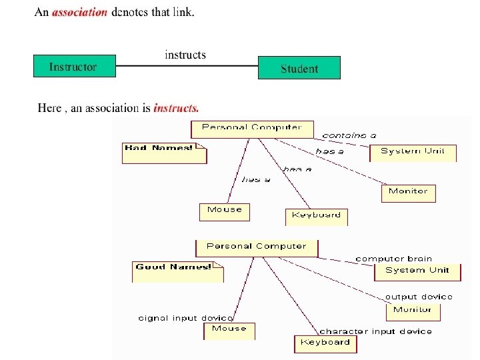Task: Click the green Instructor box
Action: pos(74,67)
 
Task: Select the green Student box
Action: pos(299,68)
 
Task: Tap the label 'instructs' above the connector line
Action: pos(185,55)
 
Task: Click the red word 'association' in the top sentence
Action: pos(79,12)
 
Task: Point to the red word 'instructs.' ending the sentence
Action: pos(176,107)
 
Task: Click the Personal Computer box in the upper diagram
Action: pos(251,128)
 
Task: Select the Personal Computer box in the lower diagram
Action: pos(257,247)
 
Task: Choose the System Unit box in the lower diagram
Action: pos(417,271)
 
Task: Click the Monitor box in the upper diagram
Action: pos(408,193)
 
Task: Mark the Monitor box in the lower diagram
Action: pos(413,311)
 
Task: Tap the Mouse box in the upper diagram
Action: pos(225,211)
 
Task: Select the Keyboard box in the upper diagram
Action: pos(317,216)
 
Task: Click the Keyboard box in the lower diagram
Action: pos(325,343)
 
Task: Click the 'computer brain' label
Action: pos(393,259)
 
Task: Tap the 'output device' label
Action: pos(418,297)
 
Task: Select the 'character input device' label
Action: pos(375,331)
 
